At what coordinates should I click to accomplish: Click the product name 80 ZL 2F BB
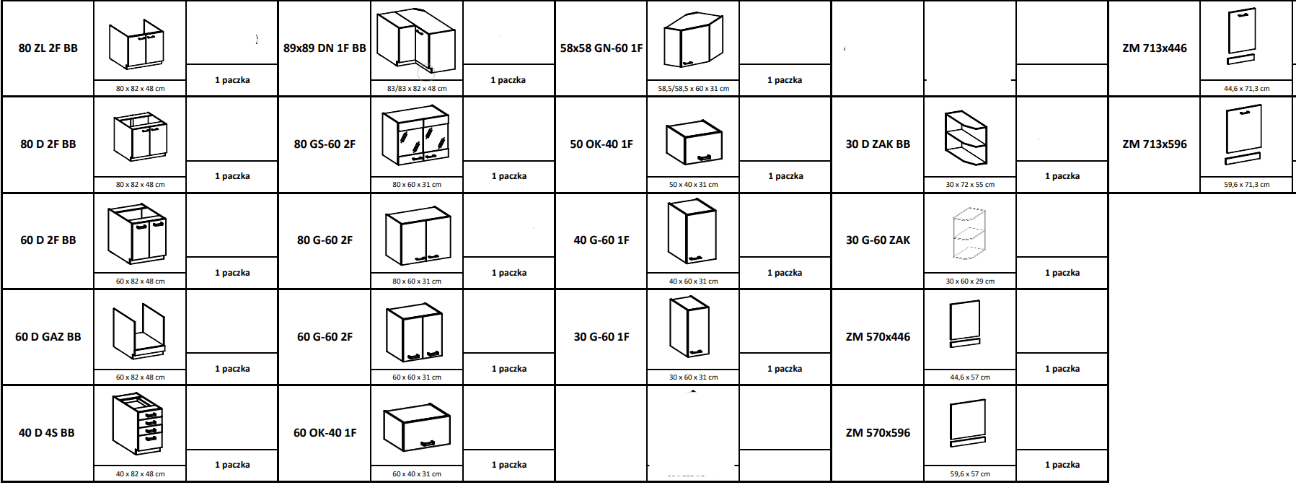(x=48, y=48)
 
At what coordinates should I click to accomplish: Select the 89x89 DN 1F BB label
(x=325, y=48)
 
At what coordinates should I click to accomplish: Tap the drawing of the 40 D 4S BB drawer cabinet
(x=138, y=424)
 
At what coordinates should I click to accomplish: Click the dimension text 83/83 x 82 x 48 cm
(x=417, y=89)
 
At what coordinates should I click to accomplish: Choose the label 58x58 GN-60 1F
(x=601, y=48)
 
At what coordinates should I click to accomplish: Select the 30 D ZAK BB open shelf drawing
(x=966, y=138)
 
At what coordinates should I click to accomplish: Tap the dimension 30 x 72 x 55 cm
(x=970, y=185)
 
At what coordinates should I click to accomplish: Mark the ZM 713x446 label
(x=1155, y=48)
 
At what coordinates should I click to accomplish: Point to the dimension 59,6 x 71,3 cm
(x=1247, y=185)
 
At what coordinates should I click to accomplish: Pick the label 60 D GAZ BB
(x=48, y=337)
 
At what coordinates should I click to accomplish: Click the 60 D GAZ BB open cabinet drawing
(x=139, y=331)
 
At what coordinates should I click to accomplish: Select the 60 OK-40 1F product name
(x=325, y=433)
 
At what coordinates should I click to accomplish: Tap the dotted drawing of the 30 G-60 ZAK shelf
(x=969, y=234)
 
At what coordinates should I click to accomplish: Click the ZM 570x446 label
(x=878, y=337)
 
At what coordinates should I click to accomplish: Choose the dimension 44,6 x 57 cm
(x=970, y=377)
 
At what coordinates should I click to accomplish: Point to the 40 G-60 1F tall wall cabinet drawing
(x=692, y=232)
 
